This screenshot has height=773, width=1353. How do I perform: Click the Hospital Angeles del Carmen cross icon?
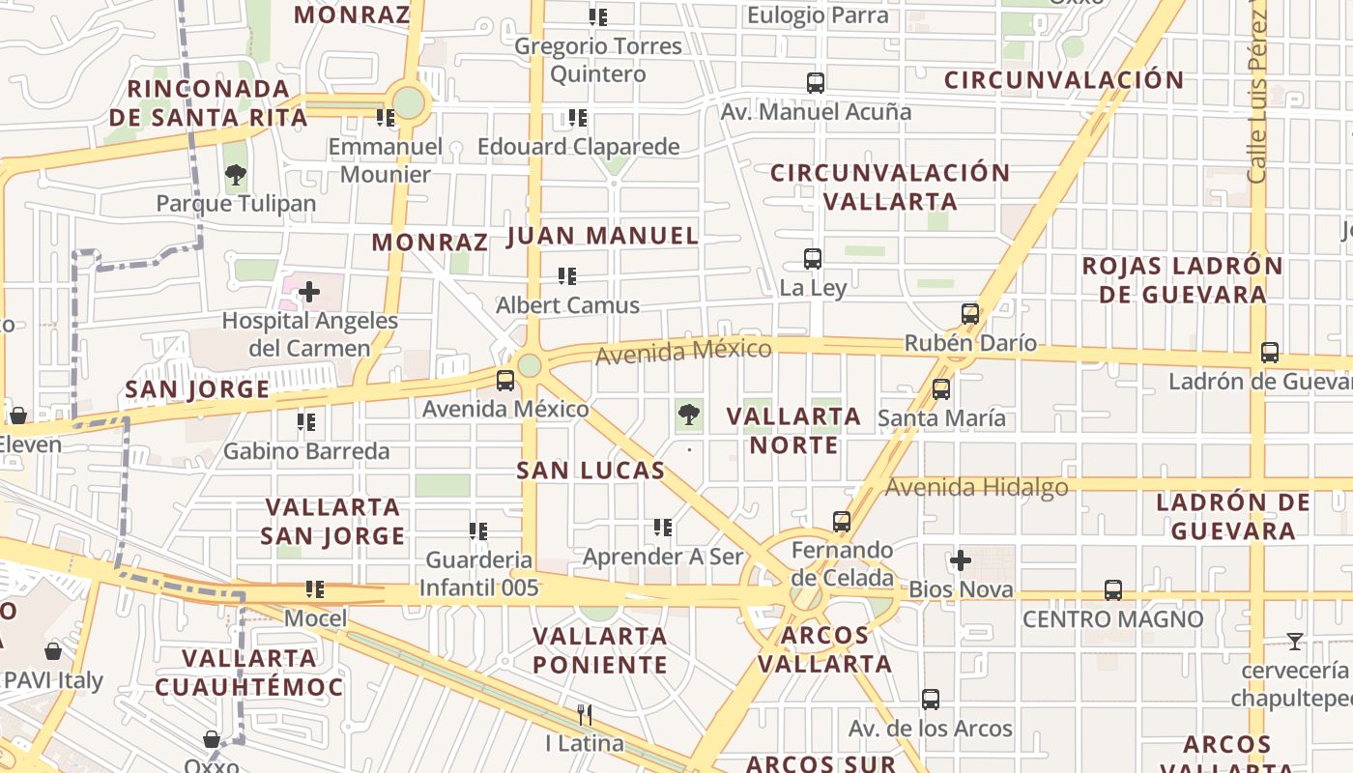[x=309, y=291]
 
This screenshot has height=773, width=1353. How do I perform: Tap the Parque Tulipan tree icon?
[x=235, y=175]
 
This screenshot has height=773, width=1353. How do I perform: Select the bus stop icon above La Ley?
[x=813, y=259]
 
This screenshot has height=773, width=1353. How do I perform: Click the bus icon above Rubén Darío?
[x=970, y=314]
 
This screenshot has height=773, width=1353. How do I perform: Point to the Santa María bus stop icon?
[x=941, y=389]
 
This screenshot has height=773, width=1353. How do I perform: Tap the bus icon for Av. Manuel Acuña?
[x=816, y=83]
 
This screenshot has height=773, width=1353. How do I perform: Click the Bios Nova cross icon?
[x=961, y=560]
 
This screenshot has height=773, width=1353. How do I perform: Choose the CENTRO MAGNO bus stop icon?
[x=1113, y=589]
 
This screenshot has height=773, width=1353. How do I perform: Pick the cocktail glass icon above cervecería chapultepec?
[x=1295, y=641]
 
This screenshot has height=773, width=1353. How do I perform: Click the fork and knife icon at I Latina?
[x=585, y=715]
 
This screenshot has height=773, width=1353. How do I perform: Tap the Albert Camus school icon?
[x=567, y=276]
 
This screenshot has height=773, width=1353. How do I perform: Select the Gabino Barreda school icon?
[x=306, y=422]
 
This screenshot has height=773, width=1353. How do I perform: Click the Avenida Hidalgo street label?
[x=976, y=488]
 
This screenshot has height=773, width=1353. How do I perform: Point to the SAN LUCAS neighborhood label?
[x=590, y=471]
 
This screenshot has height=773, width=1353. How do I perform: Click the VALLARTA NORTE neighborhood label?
[x=793, y=431]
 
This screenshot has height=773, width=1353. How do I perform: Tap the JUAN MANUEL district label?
[x=602, y=236]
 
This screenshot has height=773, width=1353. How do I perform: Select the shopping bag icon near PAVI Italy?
[x=53, y=651]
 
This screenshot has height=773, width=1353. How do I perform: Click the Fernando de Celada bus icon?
[x=842, y=522]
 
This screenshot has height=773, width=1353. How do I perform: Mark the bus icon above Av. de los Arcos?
[x=931, y=699]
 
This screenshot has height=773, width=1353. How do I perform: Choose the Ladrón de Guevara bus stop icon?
[x=1270, y=353]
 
